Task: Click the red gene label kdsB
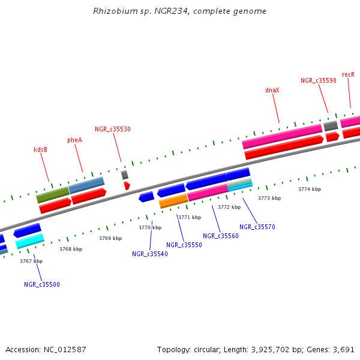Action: pos(40,149)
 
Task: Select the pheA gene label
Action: pos(74,140)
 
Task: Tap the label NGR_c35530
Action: pos(113,129)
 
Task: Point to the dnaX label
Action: pos(272,90)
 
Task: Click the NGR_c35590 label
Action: pos(319,80)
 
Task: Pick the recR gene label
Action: pos(348,74)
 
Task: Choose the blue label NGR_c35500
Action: pos(42,284)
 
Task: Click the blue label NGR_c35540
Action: pos(150,254)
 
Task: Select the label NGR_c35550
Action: pos(184,245)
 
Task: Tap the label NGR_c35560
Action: pos(221,236)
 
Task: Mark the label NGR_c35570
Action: pos(257,227)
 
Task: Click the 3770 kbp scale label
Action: pos(150,227)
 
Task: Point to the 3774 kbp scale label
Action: pos(310,189)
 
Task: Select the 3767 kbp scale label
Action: pos(31,261)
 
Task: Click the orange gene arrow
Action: pos(173,202)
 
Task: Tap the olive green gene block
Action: pos(53,194)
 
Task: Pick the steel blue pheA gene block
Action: pos(86,185)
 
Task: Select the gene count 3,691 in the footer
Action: pos(343,349)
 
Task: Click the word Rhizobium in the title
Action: pos(110,11)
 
